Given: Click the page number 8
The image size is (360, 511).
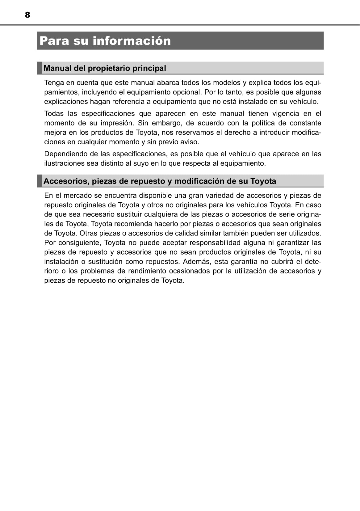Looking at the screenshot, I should pos(27,15).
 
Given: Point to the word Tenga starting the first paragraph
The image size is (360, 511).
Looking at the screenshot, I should pos(54,83).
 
